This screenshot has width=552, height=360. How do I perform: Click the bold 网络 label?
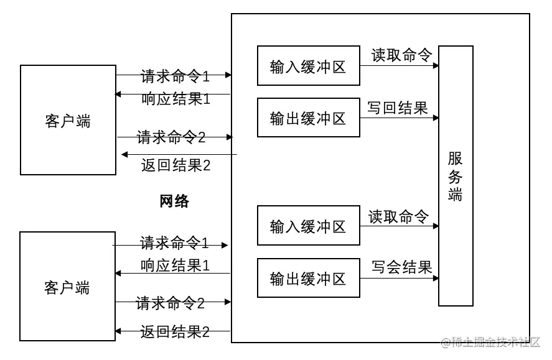(174, 201)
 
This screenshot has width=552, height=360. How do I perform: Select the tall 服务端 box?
(456, 176)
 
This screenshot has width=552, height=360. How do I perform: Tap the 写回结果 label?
(398, 108)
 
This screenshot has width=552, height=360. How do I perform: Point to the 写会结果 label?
(401, 267)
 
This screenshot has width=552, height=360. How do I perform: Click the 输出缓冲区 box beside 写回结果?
(309, 118)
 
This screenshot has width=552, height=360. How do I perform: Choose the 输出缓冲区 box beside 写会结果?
(309, 279)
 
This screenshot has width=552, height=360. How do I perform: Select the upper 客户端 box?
(68, 120)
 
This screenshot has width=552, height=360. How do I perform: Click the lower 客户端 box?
(67, 287)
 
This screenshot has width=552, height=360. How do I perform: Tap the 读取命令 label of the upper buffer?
(401, 55)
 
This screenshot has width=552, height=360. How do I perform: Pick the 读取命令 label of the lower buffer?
(399, 216)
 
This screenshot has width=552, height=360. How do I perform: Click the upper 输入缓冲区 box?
(309, 66)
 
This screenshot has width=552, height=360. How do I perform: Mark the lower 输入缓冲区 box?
(309, 226)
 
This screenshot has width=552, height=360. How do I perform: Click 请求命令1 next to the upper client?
(175, 76)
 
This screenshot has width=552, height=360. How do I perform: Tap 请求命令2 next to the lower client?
(171, 303)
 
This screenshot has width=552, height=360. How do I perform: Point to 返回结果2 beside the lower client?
(175, 331)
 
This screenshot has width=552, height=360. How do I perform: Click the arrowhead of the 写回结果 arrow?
(436, 118)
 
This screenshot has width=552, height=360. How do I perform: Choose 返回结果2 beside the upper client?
(176, 165)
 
